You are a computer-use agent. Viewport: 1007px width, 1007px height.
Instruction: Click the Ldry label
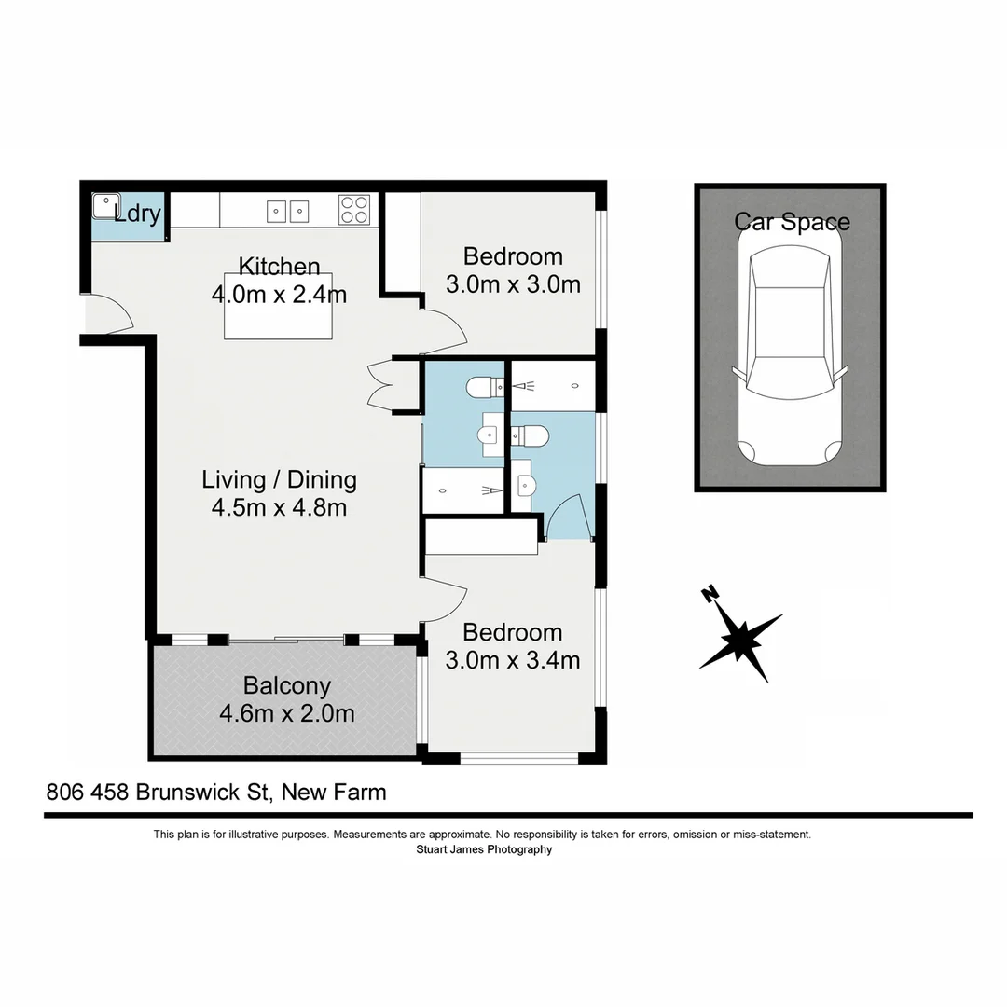[x=138, y=214]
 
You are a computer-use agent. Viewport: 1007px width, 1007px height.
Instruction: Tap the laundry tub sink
[x=105, y=205]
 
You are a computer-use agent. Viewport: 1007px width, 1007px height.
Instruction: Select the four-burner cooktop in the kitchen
[x=354, y=209]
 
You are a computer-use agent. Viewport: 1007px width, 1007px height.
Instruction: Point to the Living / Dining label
[x=279, y=479]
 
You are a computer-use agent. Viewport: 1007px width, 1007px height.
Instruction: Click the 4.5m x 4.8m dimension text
[x=279, y=508]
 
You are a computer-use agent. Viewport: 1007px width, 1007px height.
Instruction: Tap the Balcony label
[x=286, y=686]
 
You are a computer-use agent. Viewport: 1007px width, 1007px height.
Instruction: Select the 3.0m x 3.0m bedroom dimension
[x=513, y=284]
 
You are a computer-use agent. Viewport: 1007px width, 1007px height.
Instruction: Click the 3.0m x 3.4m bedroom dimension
[x=513, y=660]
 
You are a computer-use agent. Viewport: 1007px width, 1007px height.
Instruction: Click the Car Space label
[x=792, y=222]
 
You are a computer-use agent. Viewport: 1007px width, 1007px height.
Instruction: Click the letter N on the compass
[x=710, y=593]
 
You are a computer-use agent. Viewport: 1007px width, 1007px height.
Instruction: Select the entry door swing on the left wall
[x=110, y=312]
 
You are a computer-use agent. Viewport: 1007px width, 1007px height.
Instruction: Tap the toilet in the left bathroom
[x=483, y=385]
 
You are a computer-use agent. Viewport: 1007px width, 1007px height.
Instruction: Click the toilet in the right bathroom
[x=531, y=435]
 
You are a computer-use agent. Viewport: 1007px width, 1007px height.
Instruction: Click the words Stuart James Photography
[x=483, y=849]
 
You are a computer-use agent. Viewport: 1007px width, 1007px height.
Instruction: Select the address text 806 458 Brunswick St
[x=159, y=793]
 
